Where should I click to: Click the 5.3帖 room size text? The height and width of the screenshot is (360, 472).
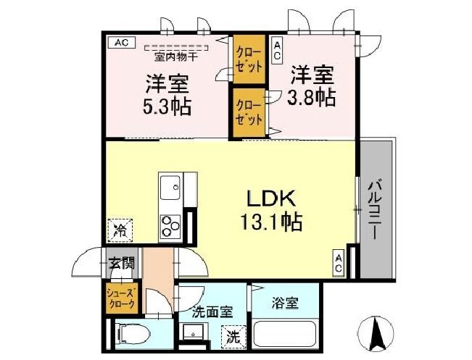pos(167,106)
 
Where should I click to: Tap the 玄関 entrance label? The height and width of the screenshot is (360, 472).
pos(120,262)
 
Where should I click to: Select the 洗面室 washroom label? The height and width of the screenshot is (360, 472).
pos(212,312)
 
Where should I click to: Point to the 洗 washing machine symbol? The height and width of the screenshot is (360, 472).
pos(232,337)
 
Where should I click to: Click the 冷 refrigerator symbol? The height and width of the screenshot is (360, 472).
pos(118,231)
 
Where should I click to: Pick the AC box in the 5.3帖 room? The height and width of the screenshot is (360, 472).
pos(121,43)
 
